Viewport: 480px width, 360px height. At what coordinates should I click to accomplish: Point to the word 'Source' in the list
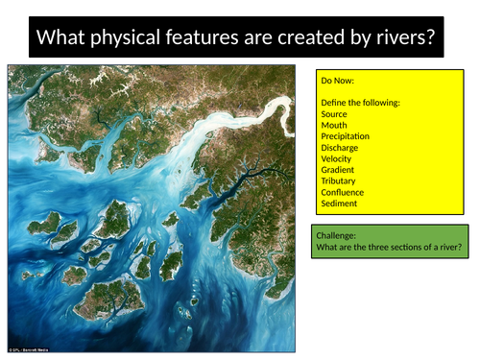coord(336,114)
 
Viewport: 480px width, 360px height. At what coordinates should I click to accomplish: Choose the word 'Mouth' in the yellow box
coord(335,126)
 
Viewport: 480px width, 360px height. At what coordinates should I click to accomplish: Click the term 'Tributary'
coord(342,181)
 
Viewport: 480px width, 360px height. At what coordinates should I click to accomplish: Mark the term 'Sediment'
coord(341,204)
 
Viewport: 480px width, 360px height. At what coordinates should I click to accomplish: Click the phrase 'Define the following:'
coord(360,103)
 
